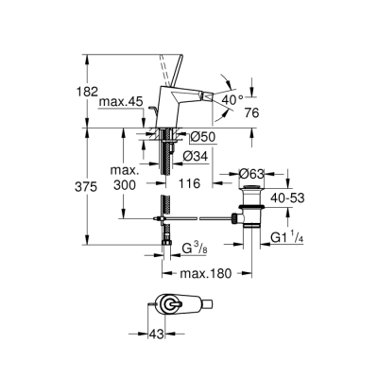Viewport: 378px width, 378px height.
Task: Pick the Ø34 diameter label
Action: (x=196, y=156)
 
